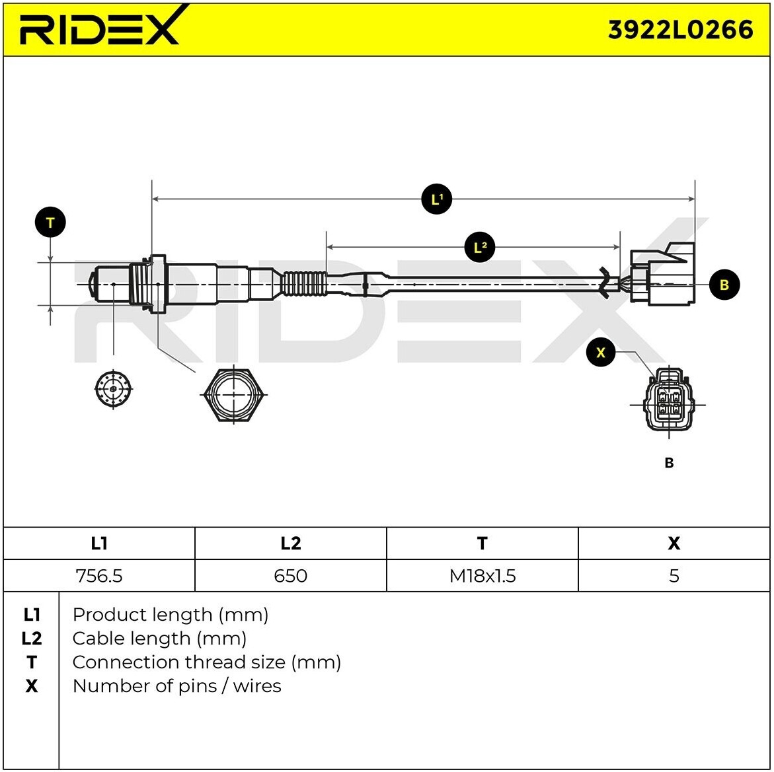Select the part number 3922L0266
[x=680, y=30]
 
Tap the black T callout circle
[x=50, y=223]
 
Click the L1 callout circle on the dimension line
[x=437, y=199]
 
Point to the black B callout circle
[x=724, y=285]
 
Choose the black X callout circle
[x=601, y=352]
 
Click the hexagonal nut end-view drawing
[x=234, y=395]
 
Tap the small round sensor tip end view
[x=114, y=389]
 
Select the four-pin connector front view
[x=668, y=402]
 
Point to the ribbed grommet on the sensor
[x=304, y=284]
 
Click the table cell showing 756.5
[x=99, y=576]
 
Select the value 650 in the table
[x=291, y=576]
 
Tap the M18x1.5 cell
[x=483, y=576]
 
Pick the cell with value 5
[x=674, y=576]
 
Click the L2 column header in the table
[x=291, y=543]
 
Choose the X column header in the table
[x=674, y=543]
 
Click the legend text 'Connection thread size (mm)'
[x=207, y=662]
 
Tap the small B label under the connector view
[x=670, y=463]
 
